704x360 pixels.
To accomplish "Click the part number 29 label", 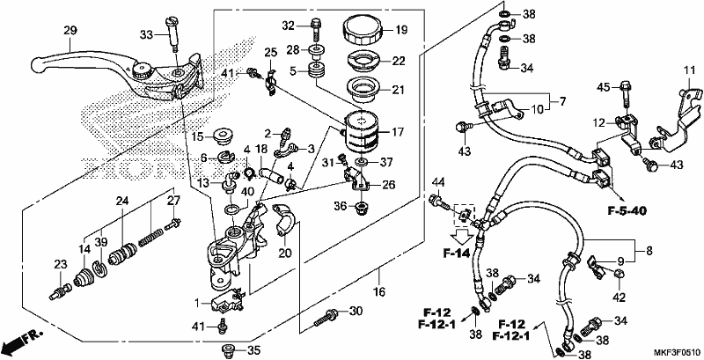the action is point(70,31).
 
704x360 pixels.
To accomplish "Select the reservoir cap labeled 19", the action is point(363,30).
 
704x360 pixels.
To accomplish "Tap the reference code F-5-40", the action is point(627,211).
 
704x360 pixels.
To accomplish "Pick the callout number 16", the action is point(379,292).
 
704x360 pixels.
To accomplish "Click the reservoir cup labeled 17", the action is point(361,131).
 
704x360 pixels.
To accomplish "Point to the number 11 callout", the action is point(689,71).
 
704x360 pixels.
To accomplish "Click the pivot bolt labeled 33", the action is point(172,31).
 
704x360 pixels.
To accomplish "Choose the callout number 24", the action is point(122,201).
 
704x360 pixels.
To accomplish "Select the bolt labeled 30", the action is point(326,317).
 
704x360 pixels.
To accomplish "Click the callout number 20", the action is point(285,253).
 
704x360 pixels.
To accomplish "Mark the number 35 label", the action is point(253,349).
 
